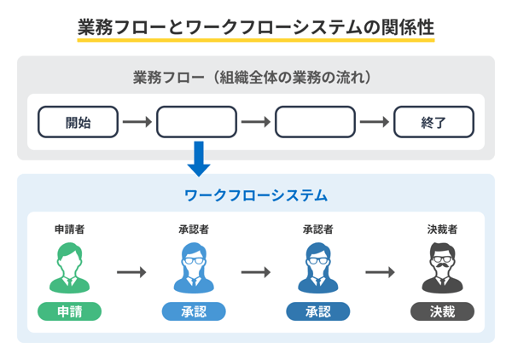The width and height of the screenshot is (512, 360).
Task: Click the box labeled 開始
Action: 78,122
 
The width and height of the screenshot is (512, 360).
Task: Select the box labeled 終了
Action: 433,122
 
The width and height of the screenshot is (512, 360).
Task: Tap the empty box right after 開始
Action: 196,122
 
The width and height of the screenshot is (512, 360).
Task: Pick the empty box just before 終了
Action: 315,122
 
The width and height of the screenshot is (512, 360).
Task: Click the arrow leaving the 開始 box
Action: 137,122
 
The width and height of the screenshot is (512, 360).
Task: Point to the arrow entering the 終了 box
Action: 374,122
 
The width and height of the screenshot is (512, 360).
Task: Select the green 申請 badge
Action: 69,311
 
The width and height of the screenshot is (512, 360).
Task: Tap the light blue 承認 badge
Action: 194,311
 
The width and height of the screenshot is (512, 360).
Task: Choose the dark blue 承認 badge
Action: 317,311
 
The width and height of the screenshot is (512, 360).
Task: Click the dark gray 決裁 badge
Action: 442,311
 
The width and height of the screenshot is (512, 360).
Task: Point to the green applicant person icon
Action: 69,267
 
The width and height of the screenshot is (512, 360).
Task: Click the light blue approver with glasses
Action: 194,267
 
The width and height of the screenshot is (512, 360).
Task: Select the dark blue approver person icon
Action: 317,267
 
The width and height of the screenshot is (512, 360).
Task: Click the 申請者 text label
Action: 69,229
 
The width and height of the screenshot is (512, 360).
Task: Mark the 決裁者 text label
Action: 442,229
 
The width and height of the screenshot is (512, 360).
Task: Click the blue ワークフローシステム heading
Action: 256,195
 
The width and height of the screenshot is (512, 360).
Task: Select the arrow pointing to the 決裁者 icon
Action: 380,272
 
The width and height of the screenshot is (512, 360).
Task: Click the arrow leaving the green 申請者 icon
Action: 131,272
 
